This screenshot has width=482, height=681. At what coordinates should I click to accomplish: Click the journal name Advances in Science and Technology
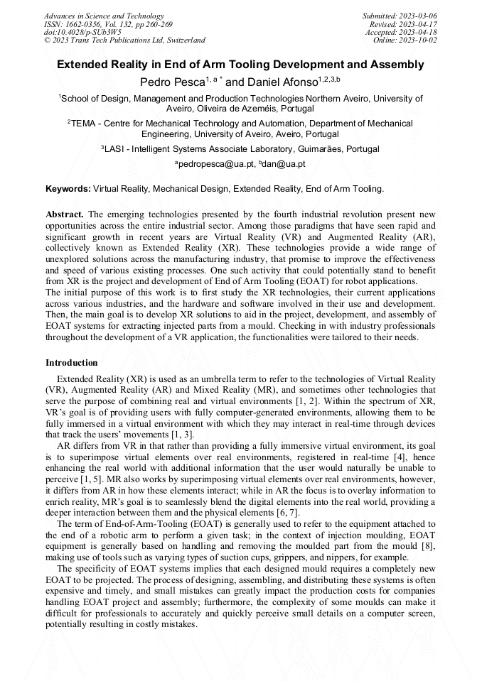click(104, 16)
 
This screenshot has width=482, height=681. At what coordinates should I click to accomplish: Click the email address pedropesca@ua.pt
click(208, 164)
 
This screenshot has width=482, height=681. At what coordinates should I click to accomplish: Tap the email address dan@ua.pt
click(282, 164)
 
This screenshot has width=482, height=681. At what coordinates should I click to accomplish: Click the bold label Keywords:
click(68, 189)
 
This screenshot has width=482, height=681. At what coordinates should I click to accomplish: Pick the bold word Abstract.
click(65, 214)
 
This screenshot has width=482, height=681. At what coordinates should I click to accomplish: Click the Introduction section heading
click(72, 363)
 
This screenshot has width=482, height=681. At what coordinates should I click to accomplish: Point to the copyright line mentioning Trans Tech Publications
click(125, 40)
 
